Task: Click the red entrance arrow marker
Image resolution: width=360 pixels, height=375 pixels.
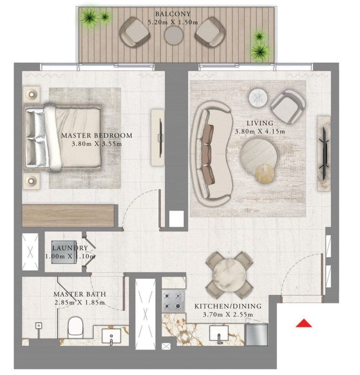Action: (304, 323)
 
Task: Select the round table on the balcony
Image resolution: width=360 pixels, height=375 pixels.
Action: (174, 34)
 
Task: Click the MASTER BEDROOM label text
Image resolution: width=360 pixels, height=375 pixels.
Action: (97, 135)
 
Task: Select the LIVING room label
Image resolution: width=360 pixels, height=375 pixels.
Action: (259, 123)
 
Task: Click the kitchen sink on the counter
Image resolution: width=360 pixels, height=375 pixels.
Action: (219, 334)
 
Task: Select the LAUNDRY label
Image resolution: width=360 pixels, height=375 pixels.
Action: (70, 248)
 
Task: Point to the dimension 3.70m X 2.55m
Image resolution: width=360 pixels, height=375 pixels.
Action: (228, 315)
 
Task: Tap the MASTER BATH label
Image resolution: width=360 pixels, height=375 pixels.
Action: (79, 294)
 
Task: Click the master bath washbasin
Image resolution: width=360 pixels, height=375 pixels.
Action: (113, 337)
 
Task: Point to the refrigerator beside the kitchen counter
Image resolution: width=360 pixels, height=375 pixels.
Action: (256, 334)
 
